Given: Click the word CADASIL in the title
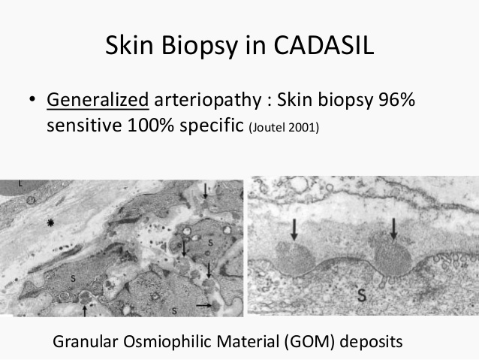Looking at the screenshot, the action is coord(324,45).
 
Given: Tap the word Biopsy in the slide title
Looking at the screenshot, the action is coord(200,46).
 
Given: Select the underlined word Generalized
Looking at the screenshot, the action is coord(98,100).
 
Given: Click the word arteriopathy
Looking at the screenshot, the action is coord(208,100).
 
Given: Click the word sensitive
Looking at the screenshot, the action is coord(84,125).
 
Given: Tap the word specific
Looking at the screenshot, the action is coord(212,126).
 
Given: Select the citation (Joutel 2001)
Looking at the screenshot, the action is coord(284,128).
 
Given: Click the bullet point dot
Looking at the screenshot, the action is coord(32,99).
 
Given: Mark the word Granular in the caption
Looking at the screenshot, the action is coord(86,341).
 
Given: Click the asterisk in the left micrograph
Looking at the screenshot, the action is coord(50,222).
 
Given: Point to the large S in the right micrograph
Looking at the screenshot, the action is coord(362,295).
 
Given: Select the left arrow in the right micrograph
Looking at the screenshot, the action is coord(294,229).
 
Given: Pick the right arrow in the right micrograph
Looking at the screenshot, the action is coord(393,228).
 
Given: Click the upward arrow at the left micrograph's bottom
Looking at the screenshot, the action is coord(85,310).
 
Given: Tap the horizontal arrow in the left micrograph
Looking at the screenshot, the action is coord(204,305).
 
